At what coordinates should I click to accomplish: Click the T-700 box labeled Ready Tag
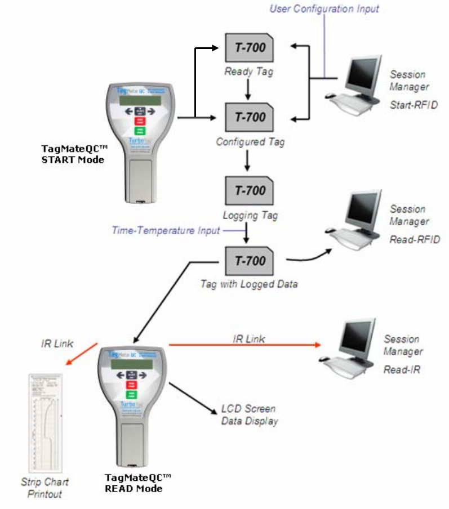pyautogui.click(x=250, y=47)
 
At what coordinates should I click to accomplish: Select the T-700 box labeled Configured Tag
pyautogui.click(x=250, y=118)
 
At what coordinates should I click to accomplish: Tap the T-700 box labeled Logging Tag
pyautogui.click(x=250, y=190)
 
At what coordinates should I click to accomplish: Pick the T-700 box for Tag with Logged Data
pyautogui.click(x=250, y=261)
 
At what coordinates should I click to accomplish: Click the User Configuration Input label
pyautogui.click(x=324, y=8)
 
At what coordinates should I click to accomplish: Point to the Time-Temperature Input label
pyautogui.click(x=166, y=230)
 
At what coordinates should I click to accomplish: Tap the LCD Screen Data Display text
pyautogui.click(x=249, y=414)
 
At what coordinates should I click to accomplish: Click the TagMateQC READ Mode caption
pyautogui.click(x=137, y=483)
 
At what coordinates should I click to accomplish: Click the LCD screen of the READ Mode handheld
pyautogui.click(x=134, y=376)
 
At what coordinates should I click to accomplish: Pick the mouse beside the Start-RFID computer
pyautogui.click(x=331, y=96)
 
